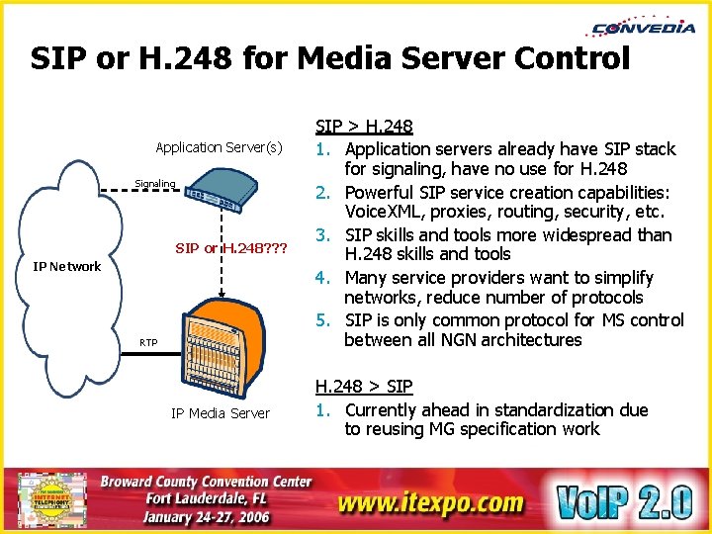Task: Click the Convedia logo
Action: coord(644,27)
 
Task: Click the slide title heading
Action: coord(329,58)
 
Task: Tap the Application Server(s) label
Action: coord(219,147)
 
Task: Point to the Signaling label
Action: coord(155,183)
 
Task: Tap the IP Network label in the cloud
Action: coord(67,266)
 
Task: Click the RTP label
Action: coord(147,342)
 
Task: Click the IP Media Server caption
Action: coord(221,413)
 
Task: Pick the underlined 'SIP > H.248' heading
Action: coord(364,126)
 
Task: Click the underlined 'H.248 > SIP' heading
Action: coord(364,387)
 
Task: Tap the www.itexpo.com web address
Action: coord(430,502)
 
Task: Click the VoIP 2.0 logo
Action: coord(623,500)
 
